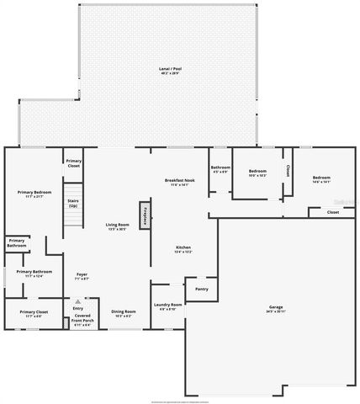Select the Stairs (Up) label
pos(73,204)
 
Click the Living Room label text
pos(117,226)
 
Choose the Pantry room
pos(201,290)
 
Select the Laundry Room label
pos(167,306)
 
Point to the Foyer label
pos(82,275)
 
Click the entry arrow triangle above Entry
pos(78,300)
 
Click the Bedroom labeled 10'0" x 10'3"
pos(257,173)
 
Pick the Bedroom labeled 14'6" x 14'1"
pos(320,178)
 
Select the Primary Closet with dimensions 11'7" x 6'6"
pos(34,313)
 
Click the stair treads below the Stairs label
pos(73,221)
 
